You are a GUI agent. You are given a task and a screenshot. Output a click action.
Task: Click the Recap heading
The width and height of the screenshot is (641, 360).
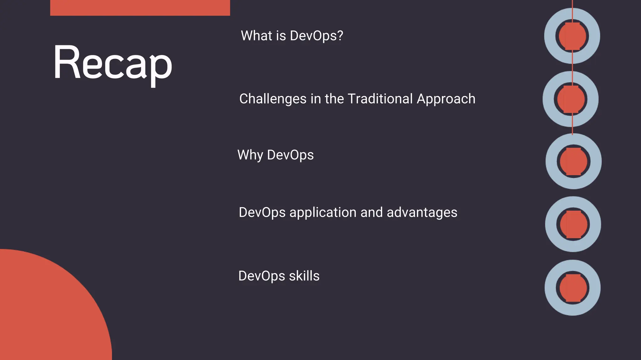(113, 63)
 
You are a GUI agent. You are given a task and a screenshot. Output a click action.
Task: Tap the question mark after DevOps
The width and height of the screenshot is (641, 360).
(340, 36)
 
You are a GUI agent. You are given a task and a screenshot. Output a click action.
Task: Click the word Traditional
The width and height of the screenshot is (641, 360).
(380, 99)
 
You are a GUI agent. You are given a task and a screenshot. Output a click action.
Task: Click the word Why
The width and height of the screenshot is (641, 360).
(250, 155)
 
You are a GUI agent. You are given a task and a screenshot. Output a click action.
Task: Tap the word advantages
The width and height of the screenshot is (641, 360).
(422, 213)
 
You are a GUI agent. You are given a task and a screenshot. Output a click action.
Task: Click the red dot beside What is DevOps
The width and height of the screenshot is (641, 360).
(572, 36)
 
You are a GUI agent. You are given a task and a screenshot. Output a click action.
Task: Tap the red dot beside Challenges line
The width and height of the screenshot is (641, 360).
(571, 99)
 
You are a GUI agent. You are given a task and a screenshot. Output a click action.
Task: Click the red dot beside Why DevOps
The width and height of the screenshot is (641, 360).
(573, 161)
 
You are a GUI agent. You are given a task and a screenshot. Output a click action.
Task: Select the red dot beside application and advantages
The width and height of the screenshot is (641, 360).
(573, 224)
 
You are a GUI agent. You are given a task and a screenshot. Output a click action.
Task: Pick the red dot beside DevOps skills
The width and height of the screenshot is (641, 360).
(573, 288)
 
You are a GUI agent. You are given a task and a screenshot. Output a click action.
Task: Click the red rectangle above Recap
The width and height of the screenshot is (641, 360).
(140, 8)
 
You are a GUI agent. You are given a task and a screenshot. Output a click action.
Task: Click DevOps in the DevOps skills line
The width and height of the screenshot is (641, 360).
(262, 276)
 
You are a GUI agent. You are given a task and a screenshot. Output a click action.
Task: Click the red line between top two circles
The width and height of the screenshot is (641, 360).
(572, 67)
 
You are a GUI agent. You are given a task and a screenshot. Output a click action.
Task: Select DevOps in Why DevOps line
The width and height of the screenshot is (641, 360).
(290, 155)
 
